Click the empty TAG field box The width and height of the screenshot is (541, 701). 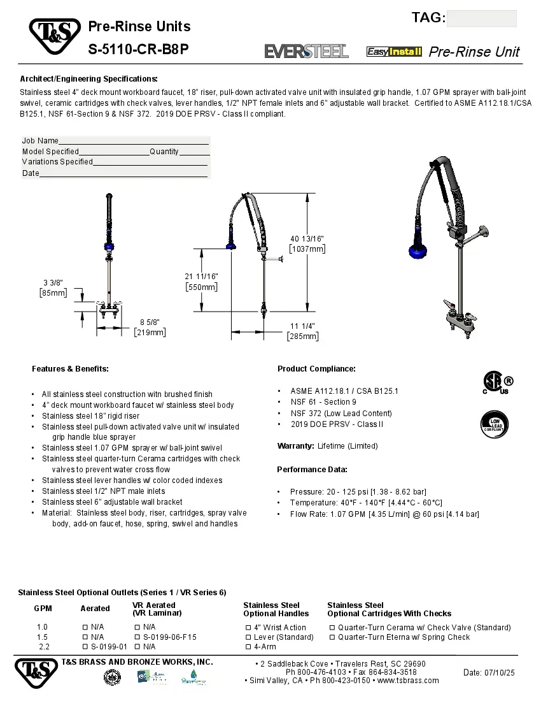481,18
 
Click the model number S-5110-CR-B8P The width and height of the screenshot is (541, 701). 138,49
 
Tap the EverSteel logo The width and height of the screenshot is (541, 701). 306,51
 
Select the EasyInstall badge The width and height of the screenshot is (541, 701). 394,52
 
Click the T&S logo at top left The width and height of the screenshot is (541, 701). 54,36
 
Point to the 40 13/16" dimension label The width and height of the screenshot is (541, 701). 307,243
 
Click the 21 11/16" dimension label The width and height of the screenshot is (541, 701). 201,282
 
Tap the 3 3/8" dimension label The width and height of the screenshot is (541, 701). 53,287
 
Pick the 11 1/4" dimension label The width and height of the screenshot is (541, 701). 302,331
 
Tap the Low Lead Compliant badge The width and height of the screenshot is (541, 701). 495,423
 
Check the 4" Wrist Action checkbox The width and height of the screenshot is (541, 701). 249,628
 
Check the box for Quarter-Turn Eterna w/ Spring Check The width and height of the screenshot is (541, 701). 332,637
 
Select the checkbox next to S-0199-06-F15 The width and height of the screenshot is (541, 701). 137,637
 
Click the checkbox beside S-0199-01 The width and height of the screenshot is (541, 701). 85,647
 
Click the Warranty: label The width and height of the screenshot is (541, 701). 296,446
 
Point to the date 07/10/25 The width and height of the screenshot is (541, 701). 489,672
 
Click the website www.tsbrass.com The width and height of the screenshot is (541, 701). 407,681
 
